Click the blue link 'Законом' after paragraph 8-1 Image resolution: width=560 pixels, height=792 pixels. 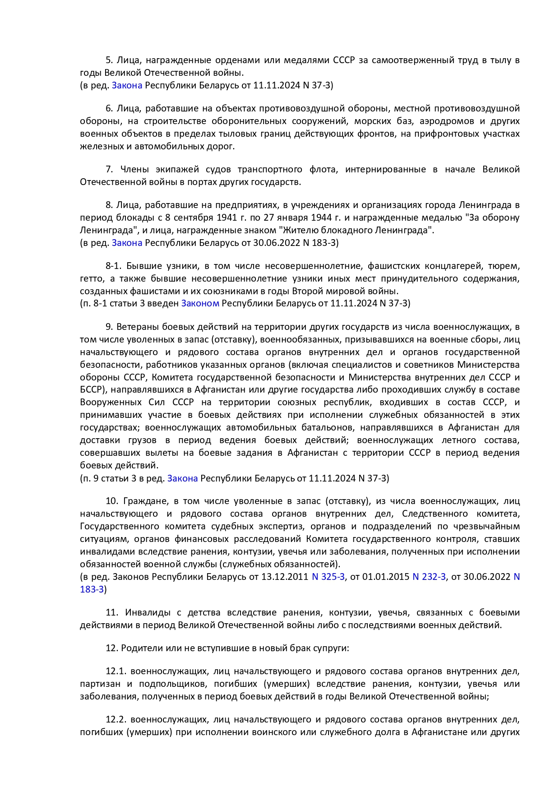coord(200,303)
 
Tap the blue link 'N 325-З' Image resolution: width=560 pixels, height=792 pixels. coord(328,577)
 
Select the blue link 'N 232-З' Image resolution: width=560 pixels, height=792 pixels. coord(429,577)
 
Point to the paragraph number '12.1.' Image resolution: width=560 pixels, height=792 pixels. coord(116,672)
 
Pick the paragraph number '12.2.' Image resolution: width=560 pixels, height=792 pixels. coord(116,720)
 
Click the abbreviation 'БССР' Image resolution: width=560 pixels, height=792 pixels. coord(92,389)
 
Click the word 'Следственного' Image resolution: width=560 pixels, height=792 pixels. coord(435,514)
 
